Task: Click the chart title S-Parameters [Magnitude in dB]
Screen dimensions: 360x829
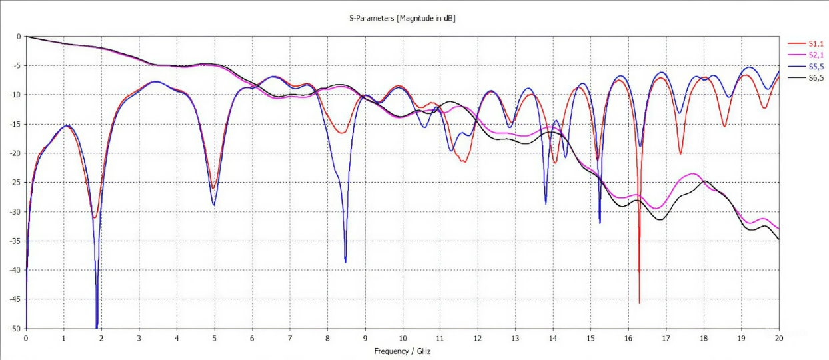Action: point(402,18)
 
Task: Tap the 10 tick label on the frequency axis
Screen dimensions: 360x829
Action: point(403,339)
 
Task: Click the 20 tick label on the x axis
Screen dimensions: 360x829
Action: point(779,339)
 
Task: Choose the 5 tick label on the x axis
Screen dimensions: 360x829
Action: point(214,339)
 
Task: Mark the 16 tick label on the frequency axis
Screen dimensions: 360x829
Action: point(628,339)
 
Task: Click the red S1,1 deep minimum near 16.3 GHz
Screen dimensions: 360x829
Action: point(639,303)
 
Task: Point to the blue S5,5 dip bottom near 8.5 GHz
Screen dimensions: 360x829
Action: point(345,261)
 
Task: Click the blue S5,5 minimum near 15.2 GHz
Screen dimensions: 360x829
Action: point(600,223)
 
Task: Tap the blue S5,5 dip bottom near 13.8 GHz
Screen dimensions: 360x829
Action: point(546,203)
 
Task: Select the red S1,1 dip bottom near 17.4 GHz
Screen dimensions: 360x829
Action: point(680,154)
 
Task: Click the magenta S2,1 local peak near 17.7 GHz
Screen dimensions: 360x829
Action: point(692,174)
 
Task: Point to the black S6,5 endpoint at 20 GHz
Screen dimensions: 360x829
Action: point(778,239)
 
